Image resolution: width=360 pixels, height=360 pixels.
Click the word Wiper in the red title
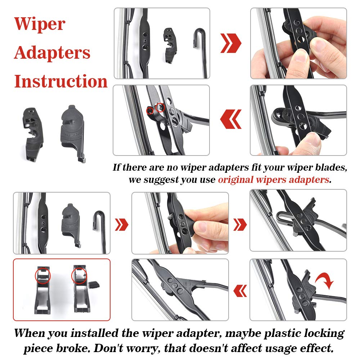point(40,24)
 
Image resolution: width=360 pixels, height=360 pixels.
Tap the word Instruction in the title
point(60,81)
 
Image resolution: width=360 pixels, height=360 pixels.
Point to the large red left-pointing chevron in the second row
point(231,120)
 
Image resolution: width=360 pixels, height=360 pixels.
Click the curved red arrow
point(325,280)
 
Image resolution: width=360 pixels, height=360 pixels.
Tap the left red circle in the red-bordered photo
point(43,276)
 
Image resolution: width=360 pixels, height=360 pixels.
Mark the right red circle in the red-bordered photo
point(79,276)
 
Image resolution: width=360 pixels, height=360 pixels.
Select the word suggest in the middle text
point(162,180)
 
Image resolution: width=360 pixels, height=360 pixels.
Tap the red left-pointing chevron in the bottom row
point(240,290)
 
